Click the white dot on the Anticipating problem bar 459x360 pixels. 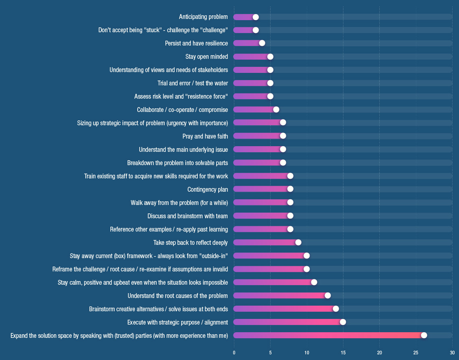point(256,17)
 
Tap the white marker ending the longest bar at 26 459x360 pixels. point(424,335)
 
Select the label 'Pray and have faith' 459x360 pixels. point(205,136)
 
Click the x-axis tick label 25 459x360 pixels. point(416,353)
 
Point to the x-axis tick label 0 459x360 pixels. point(234,353)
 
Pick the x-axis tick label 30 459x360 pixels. point(452,353)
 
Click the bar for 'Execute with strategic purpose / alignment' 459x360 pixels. point(288,322)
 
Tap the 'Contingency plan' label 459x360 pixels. point(207,189)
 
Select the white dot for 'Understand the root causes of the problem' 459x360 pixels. point(328,296)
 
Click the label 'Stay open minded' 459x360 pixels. point(207,57)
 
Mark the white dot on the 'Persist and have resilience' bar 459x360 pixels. point(262,43)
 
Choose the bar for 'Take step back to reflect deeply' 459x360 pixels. point(266,242)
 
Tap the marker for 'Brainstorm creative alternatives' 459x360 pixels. point(336,309)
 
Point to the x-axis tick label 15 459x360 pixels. point(343,353)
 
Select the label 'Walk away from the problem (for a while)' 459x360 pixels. point(179,203)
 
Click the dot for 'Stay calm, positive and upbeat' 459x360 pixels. point(314,282)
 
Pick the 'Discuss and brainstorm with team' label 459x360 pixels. point(187,216)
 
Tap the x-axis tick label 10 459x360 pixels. point(307,353)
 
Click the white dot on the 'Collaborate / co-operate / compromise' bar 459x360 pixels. point(276,110)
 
